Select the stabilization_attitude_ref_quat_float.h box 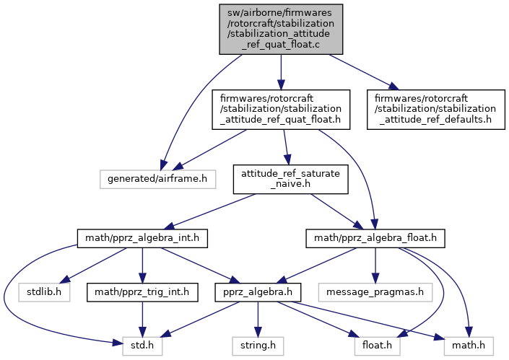(x=280, y=109)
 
